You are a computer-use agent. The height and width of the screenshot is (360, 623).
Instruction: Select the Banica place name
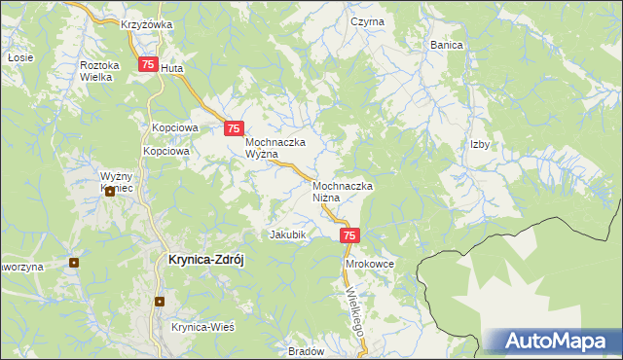tap(447, 45)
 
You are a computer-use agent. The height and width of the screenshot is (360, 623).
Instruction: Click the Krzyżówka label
tap(146, 24)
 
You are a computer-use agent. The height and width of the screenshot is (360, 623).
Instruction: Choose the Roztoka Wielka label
tap(99, 70)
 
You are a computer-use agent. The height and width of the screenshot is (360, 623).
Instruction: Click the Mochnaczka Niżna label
tap(344, 191)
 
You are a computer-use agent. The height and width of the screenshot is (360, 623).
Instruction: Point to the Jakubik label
tap(288, 234)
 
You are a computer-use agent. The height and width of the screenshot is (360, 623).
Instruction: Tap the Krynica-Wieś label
tap(203, 328)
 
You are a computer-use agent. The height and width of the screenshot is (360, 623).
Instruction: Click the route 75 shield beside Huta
tap(148, 65)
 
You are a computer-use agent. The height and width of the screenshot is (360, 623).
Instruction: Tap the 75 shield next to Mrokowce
tap(351, 235)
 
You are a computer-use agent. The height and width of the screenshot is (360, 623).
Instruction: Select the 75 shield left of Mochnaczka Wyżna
tap(234, 127)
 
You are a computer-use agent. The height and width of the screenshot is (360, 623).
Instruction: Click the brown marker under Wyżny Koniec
tap(110, 192)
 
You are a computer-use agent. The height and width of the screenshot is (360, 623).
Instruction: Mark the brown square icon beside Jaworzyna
tap(75, 262)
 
